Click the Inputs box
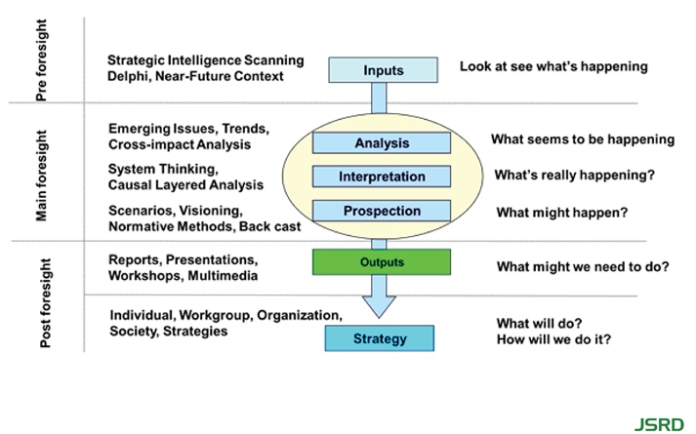(x=383, y=70)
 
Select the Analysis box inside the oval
(x=381, y=143)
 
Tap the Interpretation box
(x=381, y=177)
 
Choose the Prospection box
(x=381, y=211)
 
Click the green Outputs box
(x=381, y=262)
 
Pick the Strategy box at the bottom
(x=379, y=338)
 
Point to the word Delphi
(x=130, y=76)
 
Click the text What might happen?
(x=561, y=212)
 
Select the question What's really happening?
(x=574, y=176)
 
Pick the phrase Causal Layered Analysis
(x=186, y=184)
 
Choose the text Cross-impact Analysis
(x=180, y=144)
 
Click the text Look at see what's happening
(x=553, y=66)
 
